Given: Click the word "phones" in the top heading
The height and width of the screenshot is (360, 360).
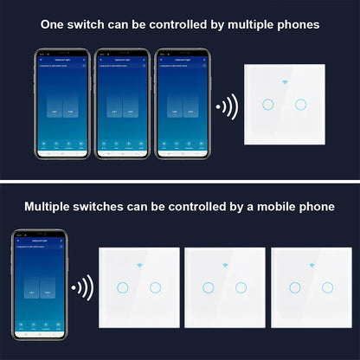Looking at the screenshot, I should pyautogui.click(x=292, y=24).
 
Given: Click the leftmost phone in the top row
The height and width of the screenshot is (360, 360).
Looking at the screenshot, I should pyautogui.click(x=66, y=106).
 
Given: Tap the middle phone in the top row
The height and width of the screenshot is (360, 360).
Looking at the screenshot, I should pyautogui.click(x=123, y=106).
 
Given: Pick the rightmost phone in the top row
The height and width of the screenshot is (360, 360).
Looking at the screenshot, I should pyautogui.click(x=179, y=106).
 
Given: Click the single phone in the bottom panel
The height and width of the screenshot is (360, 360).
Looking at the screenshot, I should pyautogui.click(x=38, y=286).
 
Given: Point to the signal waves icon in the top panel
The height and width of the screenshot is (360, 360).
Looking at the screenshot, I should pyautogui.click(x=228, y=108).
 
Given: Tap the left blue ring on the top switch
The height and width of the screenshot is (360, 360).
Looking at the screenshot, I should pyautogui.click(x=264, y=105).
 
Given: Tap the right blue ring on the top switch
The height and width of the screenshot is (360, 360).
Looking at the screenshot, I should pyautogui.click(x=300, y=105).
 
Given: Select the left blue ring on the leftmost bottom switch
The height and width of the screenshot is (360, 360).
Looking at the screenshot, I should pyautogui.click(x=123, y=286).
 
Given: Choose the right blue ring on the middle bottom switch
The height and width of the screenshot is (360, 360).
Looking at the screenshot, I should pyautogui.click(x=241, y=286).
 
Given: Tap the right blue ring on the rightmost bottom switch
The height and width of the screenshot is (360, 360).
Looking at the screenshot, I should pyautogui.click(x=326, y=286).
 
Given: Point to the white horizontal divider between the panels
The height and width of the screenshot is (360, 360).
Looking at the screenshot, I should pyautogui.click(x=180, y=181).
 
